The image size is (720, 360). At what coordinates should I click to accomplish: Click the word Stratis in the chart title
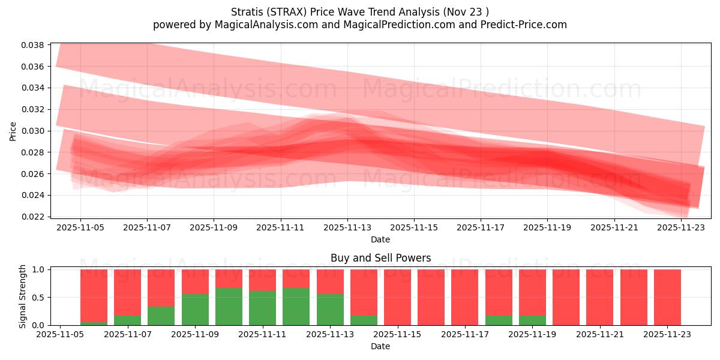247,12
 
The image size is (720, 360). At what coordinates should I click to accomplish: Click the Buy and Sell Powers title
380,258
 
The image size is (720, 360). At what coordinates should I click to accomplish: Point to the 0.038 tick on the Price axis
34,45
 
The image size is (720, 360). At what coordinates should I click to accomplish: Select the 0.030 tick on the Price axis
34,131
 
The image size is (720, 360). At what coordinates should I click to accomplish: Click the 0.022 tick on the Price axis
34,217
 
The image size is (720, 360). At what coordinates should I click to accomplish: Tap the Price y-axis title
13,131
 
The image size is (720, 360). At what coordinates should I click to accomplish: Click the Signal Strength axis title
23,296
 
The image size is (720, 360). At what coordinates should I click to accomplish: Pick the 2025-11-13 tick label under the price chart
347,227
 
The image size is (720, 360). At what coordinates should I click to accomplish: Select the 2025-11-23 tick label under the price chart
681,227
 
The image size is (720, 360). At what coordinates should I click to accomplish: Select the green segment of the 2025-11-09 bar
195,310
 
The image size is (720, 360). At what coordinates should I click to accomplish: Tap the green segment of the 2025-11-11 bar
262,308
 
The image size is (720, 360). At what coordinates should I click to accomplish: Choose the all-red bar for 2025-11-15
397,297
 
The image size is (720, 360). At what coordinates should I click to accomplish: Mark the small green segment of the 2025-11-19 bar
532,320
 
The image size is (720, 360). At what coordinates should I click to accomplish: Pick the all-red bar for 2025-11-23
667,297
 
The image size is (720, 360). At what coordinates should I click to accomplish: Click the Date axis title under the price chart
380,239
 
